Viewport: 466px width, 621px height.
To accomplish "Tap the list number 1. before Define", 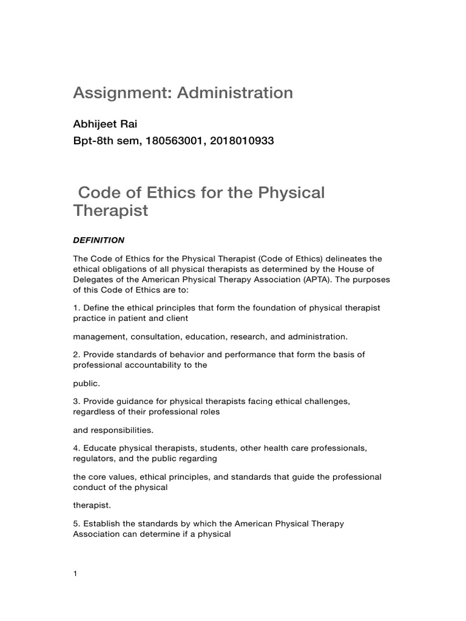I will (76, 308).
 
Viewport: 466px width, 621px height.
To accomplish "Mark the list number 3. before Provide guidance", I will (76, 401).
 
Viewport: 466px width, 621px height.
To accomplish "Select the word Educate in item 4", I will (101, 448).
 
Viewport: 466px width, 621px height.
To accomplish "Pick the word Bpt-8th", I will (92, 141).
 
